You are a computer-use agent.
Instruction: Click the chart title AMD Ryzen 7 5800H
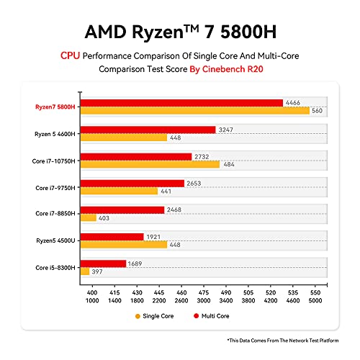coord(179,32)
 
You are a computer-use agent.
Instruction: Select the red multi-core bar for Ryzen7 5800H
coord(181,103)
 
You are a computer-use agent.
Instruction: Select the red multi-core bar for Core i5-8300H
coord(104,264)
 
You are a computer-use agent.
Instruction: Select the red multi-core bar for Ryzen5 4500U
coord(112,236)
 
